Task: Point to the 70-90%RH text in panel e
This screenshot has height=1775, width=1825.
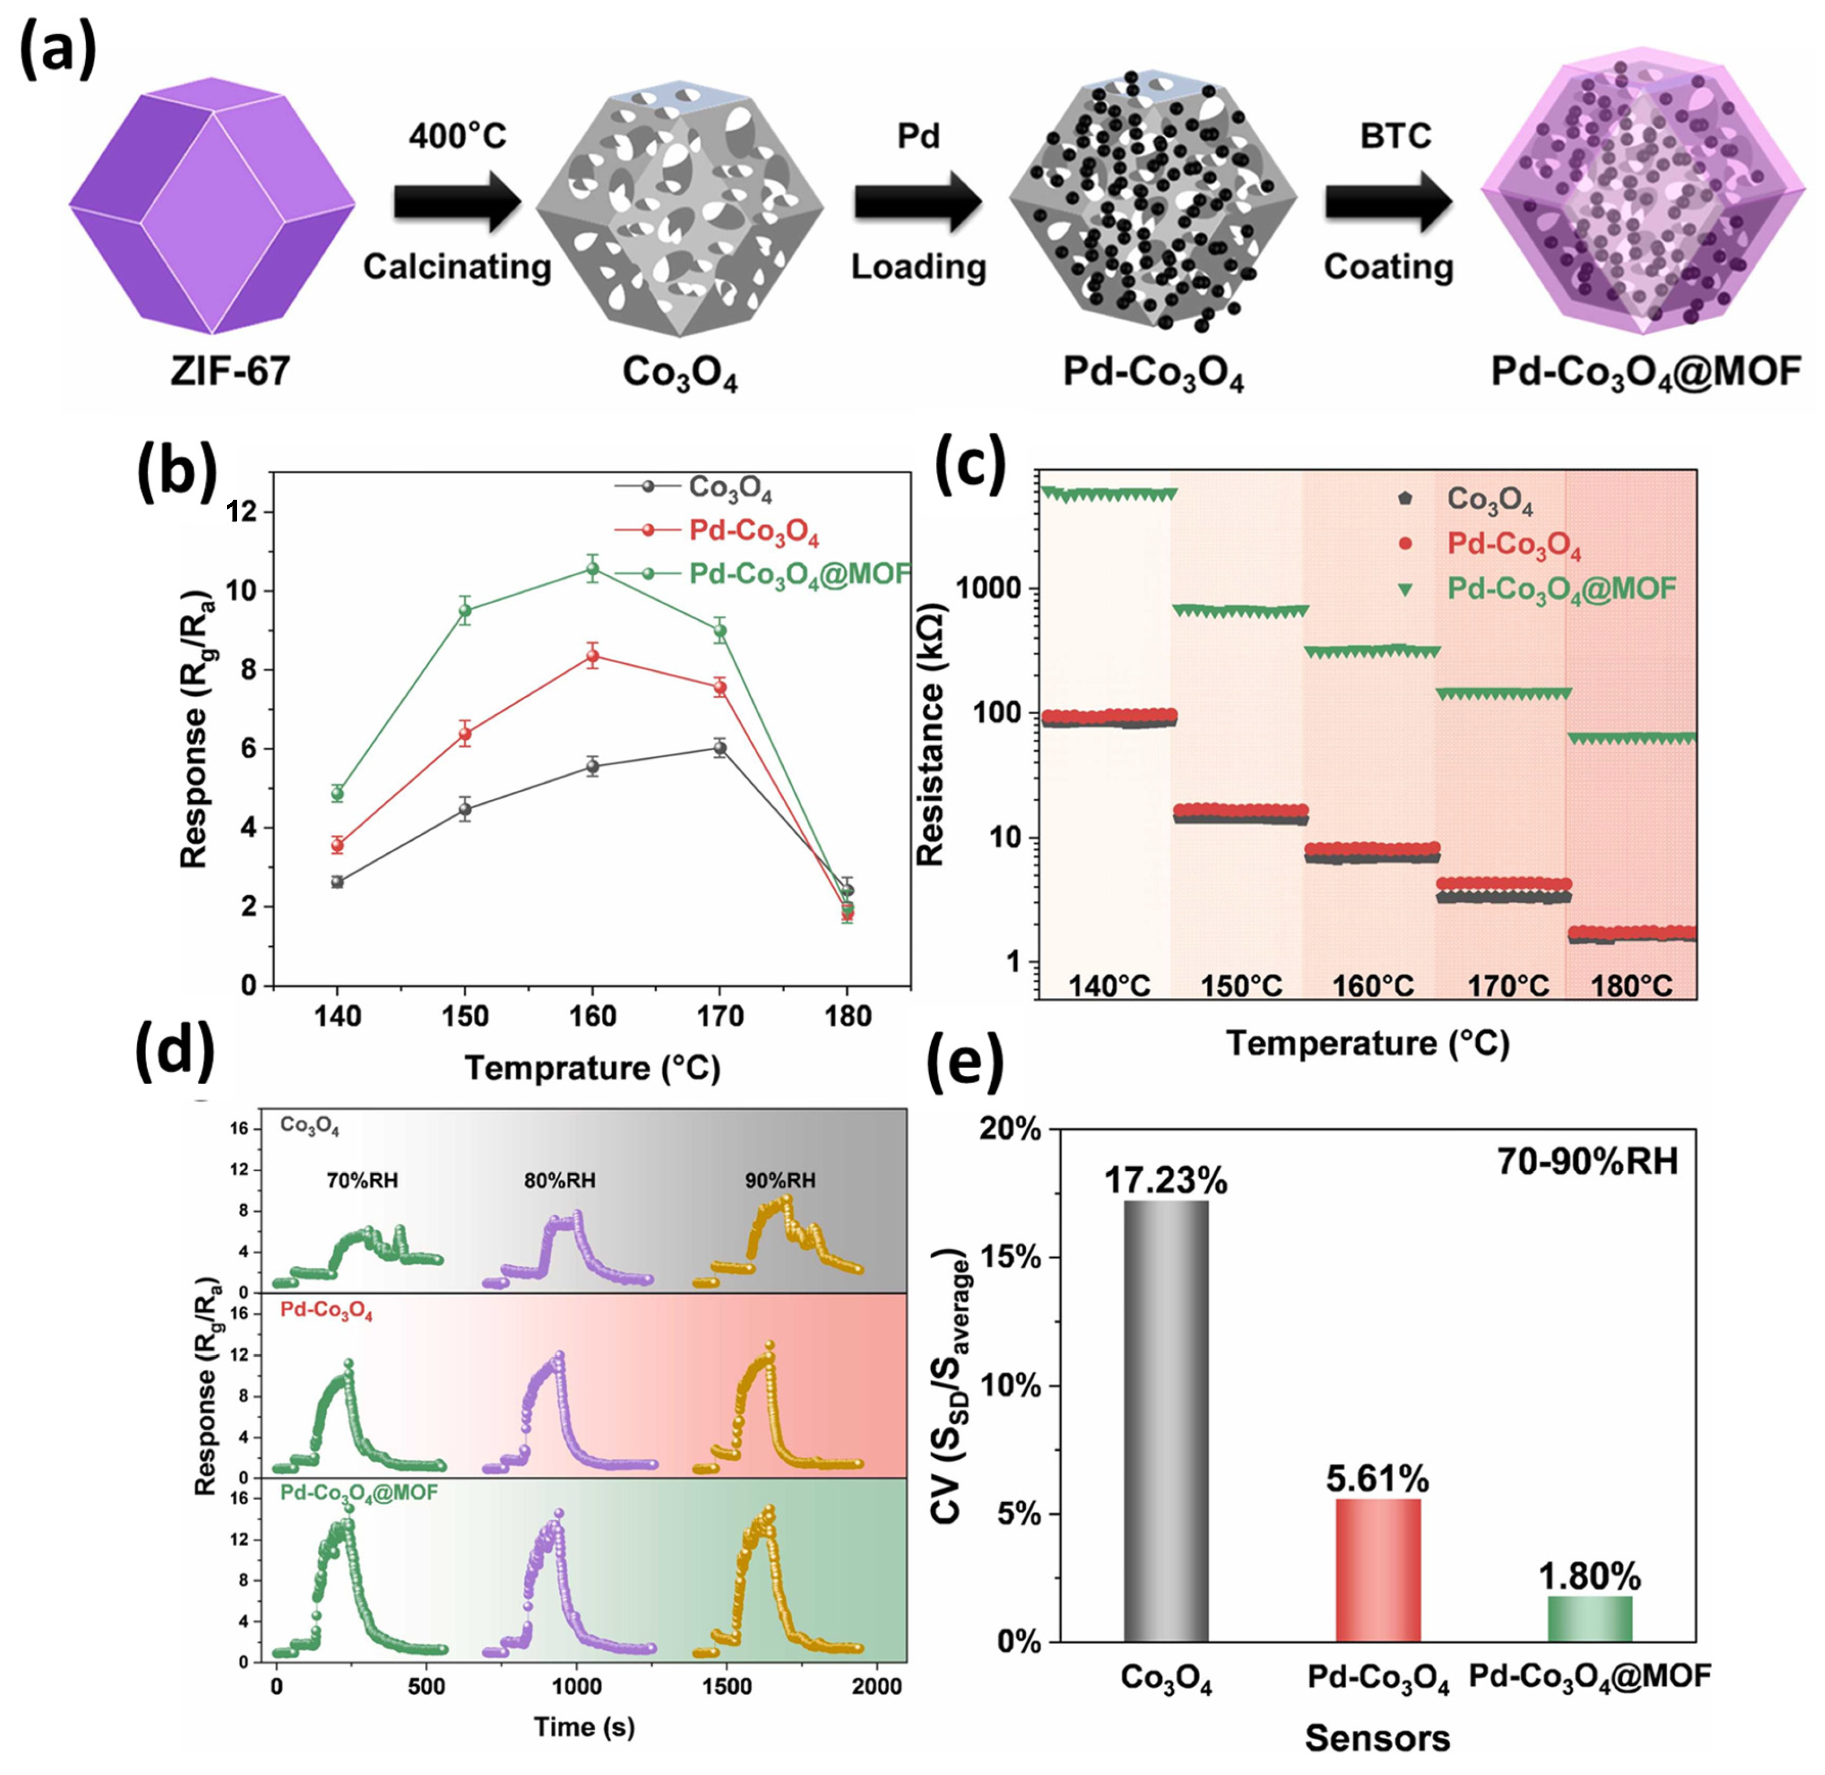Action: (x=1587, y=1162)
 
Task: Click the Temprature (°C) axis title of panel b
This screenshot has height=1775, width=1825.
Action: (x=593, y=1067)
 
